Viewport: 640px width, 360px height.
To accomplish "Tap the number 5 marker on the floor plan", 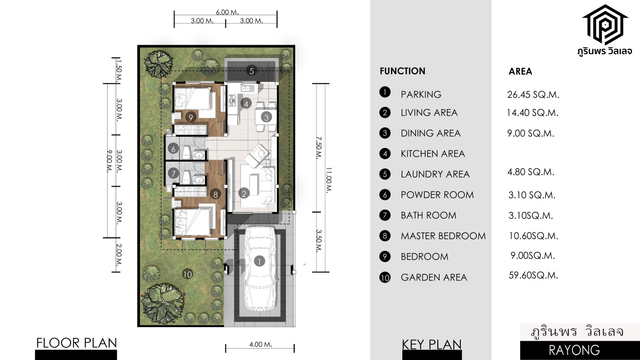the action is tap(252, 71).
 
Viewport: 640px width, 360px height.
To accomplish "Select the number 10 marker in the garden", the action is tap(188, 274).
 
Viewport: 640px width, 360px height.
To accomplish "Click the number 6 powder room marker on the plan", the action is tap(173, 148).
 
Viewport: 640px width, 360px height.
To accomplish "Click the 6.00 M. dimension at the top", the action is tap(227, 12).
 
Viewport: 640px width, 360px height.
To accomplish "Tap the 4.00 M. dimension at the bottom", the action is tap(260, 344).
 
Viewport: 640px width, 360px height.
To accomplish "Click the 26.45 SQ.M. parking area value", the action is tap(533, 94).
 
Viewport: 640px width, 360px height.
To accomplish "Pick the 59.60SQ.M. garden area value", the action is tap(533, 275).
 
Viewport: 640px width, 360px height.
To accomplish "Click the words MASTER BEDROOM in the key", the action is tap(443, 236).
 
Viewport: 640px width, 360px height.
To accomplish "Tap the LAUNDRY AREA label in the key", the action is tap(435, 174).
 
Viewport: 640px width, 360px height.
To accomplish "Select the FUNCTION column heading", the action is tap(402, 71).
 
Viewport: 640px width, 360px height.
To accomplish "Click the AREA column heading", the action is tap(520, 72).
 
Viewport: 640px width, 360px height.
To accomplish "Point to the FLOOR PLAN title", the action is tap(76, 343).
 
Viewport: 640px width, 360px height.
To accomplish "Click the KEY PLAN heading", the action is tap(432, 344).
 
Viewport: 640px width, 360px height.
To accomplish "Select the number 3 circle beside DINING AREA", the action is tap(385, 133).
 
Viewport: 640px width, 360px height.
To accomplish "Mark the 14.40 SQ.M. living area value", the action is tap(532, 113).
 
